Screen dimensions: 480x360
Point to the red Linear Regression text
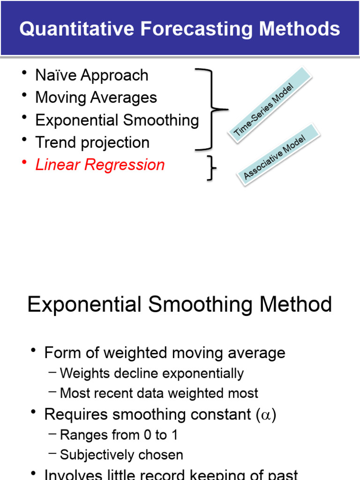click(x=100, y=165)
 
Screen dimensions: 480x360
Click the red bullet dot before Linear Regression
click(x=24, y=162)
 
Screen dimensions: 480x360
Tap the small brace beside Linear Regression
click(x=212, y=167)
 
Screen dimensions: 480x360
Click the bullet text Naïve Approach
click(x=91, y=75)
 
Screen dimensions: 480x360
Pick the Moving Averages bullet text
click(x=96, y=97)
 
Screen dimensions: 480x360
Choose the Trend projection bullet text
click(x=92, y=142)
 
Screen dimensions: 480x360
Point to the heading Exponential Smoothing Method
click(x=180, y=305)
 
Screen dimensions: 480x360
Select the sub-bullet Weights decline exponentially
click(x=152, y=374)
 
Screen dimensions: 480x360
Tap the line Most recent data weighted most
click(x=159, y=393)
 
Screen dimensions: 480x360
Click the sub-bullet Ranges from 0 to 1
click(x=119, y=435)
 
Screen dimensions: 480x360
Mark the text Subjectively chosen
click(x=121, y=455)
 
